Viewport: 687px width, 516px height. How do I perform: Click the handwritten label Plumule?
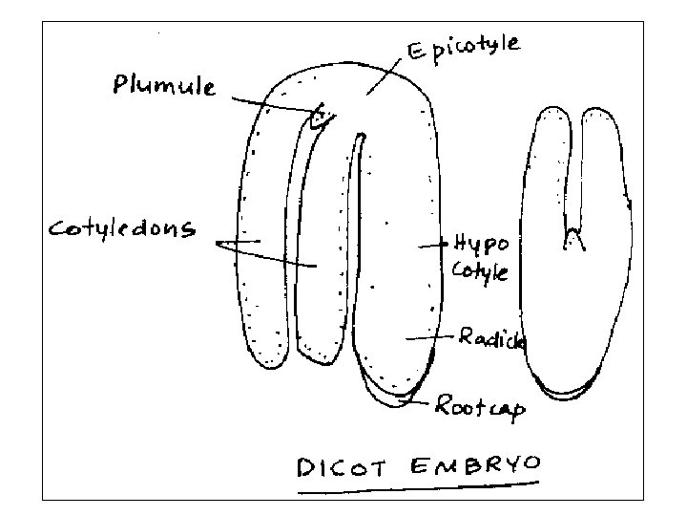tap(164, 88)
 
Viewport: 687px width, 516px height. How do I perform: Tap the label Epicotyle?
tap(466, 50)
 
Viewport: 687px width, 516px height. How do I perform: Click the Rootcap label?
tap(480, 408)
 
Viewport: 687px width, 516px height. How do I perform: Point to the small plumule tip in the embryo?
tap(322, 118)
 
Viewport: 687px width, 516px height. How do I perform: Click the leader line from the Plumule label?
tap(271, 104)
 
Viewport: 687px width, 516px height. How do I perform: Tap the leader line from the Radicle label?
tap(429, 336)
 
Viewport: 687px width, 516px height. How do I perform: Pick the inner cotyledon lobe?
tap(320, 248)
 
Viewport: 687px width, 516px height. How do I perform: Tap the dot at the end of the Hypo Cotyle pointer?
tap(442, 245)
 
